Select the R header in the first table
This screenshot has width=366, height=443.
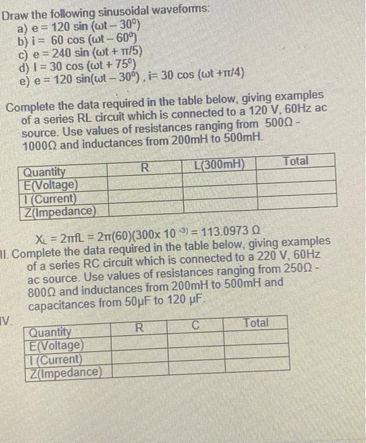pos(145,168)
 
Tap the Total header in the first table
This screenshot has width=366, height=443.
pos(296,161)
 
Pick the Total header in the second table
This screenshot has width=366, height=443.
pos(255,323)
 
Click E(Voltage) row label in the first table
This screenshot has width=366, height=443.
pos(51,185)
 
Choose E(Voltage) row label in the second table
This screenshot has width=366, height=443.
pos(56,346)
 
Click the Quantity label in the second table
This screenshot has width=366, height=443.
pos(51,332)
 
